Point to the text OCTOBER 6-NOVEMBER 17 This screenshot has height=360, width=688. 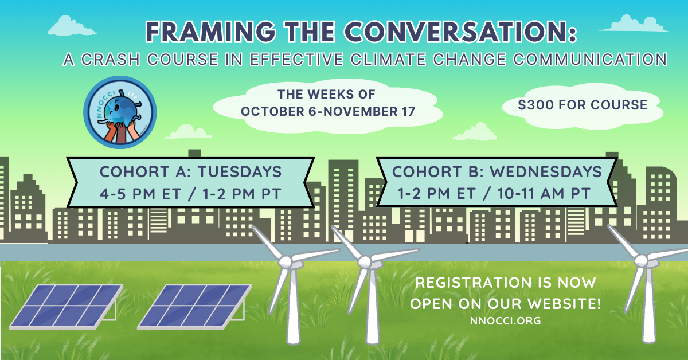pyautogui.click(x=327, y=110)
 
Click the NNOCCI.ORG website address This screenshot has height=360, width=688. pyautogui.click(x=505, y=320)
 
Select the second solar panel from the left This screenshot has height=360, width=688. pyautogui.click(x=193, y=306)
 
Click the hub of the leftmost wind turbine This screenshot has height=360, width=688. pyautogui.click(x=285, y=263)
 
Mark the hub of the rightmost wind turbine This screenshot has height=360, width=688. pyautogui.click(x=641, y=261)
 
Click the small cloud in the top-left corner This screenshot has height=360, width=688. pyautogui.click(x=72, y=26)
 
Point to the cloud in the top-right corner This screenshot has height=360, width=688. pyautogui.click(x=634, y=24)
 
